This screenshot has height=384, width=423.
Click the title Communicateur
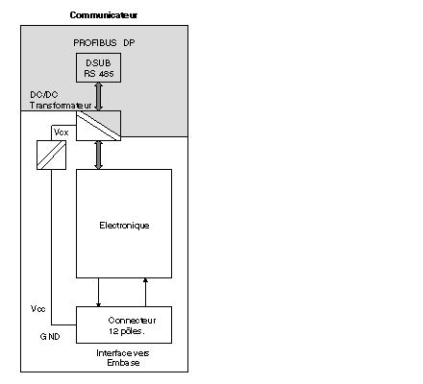point(104,15)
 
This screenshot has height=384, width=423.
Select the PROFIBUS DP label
point(104,43)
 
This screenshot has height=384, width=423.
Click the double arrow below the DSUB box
point(99,97)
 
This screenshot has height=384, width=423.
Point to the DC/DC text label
point(44,95)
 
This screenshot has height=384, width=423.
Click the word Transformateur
point(61,106)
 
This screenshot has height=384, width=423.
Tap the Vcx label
point(62,132)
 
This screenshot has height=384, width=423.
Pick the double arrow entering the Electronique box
point(99,156)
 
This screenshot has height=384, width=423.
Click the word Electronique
point(124,226)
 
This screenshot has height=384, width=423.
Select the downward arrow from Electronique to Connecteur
point(98,293)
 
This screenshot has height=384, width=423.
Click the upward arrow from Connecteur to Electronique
point(145,293)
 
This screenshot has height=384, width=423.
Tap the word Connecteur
point(132,321)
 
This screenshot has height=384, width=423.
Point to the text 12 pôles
point(127,331)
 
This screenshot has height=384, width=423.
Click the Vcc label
point(38,309)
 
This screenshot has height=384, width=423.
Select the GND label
point(50,337)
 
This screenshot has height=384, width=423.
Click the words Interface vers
point(123,353)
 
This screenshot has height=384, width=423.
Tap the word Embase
point(123,363)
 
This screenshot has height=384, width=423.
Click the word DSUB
point(98,63)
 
